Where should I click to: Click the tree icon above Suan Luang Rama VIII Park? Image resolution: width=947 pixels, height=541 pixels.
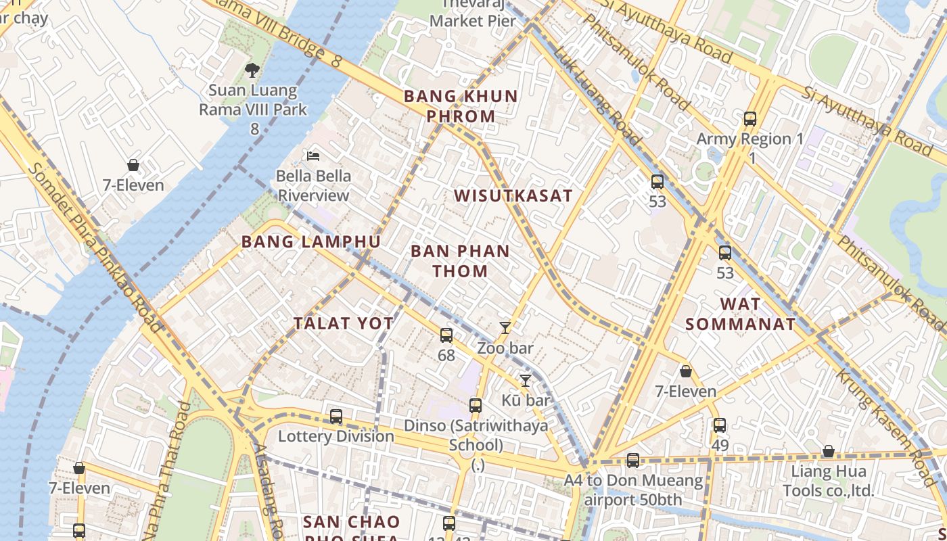pos(252,70)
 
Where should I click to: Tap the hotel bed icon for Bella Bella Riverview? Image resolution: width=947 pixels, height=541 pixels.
pos(313,156)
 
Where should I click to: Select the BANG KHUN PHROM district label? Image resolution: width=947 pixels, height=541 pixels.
pos(461,106)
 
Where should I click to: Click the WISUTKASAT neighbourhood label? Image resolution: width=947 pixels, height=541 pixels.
pos(513,196)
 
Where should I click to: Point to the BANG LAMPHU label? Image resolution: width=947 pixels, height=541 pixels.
pos(310,241)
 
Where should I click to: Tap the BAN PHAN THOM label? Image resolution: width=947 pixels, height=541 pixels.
pos(460,261)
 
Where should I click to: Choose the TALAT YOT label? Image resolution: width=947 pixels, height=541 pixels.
pos(344,323)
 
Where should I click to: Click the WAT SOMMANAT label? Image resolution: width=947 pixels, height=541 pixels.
pos(741,314)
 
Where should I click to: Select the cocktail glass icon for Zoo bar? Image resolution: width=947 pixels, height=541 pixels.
pos(505,328)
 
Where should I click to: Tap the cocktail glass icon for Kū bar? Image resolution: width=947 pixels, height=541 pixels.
pos(525,380)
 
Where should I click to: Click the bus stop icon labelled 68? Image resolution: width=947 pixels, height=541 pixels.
pos(446,335)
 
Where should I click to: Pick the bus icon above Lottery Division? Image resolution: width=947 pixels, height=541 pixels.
pos(336,416)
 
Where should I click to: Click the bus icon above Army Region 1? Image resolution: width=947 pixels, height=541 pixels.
pos(749,119)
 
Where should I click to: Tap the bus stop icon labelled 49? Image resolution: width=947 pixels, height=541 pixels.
pos(719,425)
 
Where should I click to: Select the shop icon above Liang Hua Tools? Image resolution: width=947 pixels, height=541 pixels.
pos(828,451)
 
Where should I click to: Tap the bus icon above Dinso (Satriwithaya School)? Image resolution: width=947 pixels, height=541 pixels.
pos(476,406)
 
